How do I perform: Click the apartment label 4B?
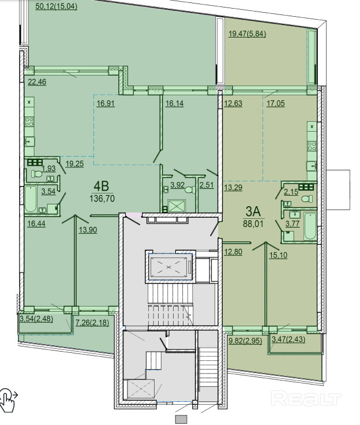[x=102, y=187]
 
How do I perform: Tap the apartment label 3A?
[x=253, y=212]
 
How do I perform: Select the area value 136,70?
[x=102, y=199]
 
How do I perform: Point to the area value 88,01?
[x=254, y=224]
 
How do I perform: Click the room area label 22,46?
[x=37, y=81]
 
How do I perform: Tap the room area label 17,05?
[x=276, y=103]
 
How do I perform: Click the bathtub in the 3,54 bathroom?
[x=31, y=199]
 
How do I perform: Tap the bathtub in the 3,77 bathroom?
[x=310, y=226]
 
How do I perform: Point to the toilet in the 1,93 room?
[x=36, y=173]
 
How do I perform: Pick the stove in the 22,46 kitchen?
[x=29, y=122]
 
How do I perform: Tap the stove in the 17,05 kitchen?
[x=312, y=146]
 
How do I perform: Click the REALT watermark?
[x=306, y=398]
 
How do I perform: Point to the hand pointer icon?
[x=7, y=400]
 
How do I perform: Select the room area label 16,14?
[x=174, y=103]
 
